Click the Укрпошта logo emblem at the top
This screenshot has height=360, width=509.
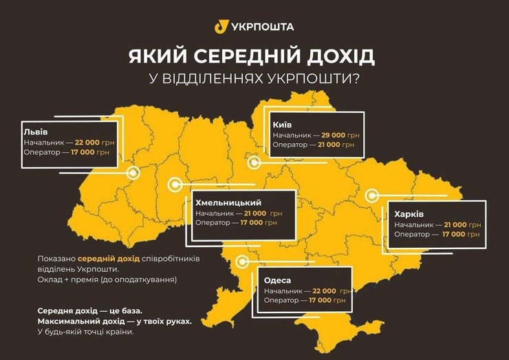point(221,26)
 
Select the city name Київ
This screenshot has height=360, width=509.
point(282,124)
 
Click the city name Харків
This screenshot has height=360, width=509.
point(409,214)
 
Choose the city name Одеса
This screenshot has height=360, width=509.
point(277,280)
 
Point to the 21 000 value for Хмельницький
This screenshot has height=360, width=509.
point(259,213)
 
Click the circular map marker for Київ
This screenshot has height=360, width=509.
point(254,162)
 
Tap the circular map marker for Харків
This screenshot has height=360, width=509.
point(371,195)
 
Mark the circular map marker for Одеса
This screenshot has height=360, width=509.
point(241,262)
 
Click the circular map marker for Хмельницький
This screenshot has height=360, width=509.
point(175,184)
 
